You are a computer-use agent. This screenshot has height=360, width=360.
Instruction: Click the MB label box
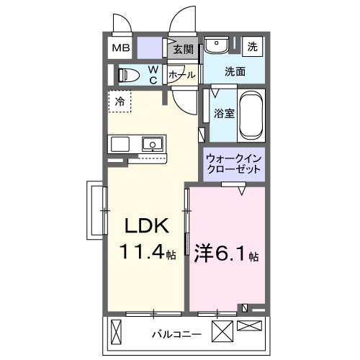pyautogui.click(x=120, y=48)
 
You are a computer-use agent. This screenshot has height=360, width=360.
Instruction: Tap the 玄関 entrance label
pyautogui.click(x=184, y=49)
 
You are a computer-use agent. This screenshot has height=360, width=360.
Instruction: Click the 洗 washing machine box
pyautogui.click(x=252, y=46)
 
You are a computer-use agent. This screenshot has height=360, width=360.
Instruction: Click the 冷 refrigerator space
pyautogui.click(x=120, y=102)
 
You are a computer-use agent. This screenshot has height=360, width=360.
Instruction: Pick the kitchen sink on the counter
pyautogui.click(x=153, y=144)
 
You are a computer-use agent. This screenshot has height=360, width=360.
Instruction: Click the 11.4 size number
pyautogui.click(x=143, y=253)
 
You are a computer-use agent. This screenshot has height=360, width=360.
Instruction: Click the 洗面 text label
pyautogui.click(x=235, y=71)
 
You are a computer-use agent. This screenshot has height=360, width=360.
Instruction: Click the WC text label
pyautogui.click(x=153, y=74)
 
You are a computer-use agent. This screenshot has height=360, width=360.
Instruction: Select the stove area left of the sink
pyautogui.click(x=120, y=143)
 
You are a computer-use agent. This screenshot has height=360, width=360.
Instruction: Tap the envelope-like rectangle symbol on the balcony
pyautogui.click(x=250, y=326)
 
